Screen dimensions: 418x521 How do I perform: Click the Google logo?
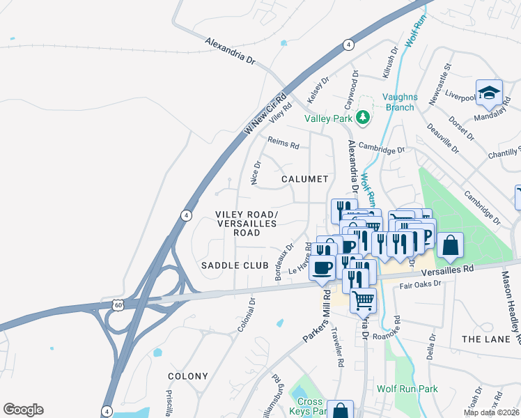[x=23, y=410]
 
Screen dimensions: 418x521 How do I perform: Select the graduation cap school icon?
[x=489, y=93]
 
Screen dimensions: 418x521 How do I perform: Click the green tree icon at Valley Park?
[x=361, y=117]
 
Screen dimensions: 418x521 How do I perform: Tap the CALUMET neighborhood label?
[x=304, y=179]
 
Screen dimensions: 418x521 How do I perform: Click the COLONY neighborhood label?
[x=188, y=376]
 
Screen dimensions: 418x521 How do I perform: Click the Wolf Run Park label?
[x=405, y=389]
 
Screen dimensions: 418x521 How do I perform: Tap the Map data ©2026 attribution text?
[x=490, y=412]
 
